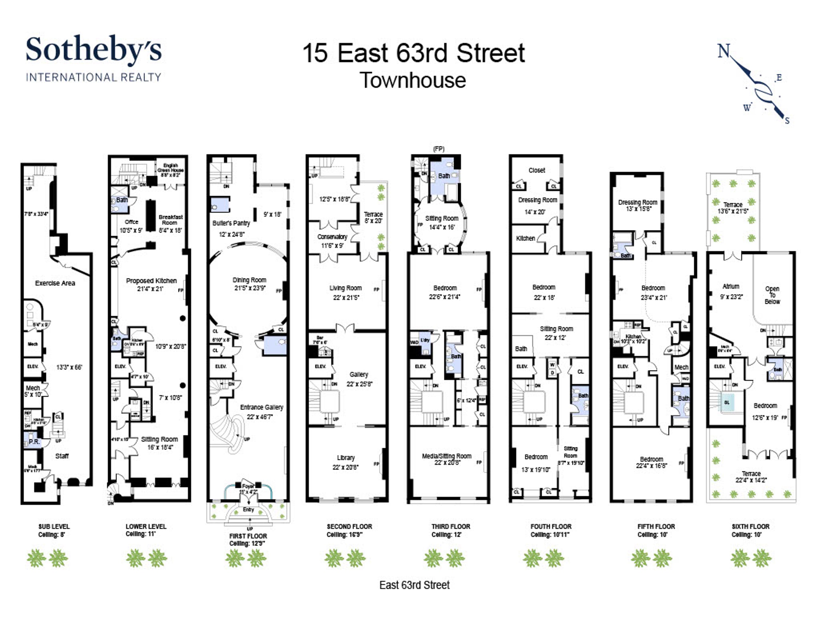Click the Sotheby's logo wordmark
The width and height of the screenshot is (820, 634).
coord(93,49)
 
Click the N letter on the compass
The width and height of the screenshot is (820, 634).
coord(724,51)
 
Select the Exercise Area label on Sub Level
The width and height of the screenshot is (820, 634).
coord(55,283)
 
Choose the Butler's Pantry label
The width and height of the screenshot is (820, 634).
coord(231,223)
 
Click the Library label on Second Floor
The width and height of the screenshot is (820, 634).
coord(345,457)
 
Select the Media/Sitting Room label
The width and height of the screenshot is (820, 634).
coord(446,456)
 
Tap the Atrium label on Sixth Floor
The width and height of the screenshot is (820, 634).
coord(731,286)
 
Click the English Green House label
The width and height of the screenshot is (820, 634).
coord(171,168)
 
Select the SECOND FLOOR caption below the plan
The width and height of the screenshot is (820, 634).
coord(349,527)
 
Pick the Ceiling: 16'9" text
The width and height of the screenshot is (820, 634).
coord(344,535)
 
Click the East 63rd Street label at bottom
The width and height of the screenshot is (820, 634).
coord(414,585)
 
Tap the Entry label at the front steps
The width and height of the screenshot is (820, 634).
coord(248,509)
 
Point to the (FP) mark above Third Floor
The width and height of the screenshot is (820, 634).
coord(438,149)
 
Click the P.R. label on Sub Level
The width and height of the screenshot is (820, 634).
coord(34,441)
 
